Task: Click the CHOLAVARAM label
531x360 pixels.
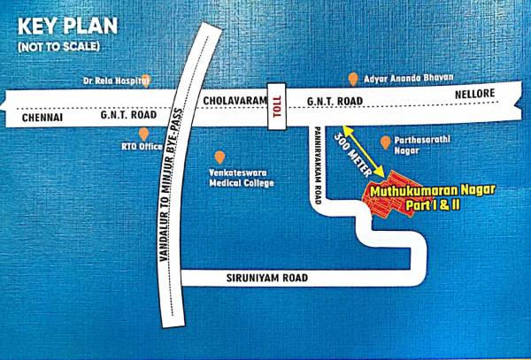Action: pos(235,102)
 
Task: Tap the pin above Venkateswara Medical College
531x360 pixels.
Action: pos(219,157)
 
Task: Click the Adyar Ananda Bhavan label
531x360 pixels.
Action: pos(402,78)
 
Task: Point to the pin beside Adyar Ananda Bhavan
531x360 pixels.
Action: pos(353,79)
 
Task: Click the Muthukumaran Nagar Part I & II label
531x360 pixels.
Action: pos(433,197)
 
